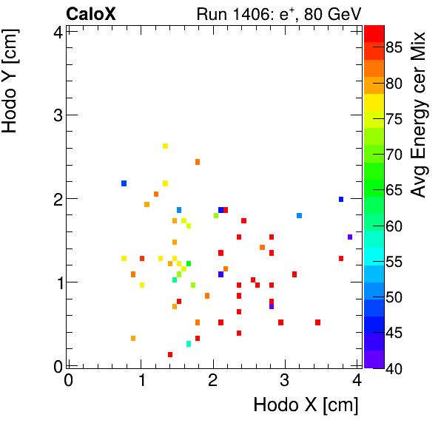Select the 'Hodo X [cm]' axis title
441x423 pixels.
click(x=306, y=405)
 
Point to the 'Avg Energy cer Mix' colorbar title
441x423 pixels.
click(x=420, y=115)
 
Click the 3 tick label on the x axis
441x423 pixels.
click(x=285, y=380)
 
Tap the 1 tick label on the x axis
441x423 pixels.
click(x=141, y=380)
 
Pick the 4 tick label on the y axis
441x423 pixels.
click(x=56, y=31)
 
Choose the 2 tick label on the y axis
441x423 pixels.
click(x=56, y=198)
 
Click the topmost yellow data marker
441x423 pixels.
click(x=165, y=146)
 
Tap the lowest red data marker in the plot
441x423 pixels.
click(x=170, y=354)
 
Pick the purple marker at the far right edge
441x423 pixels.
click(x=350, y=237)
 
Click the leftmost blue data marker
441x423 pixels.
click(x=124, y=183)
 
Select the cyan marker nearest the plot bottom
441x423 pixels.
click(x=189, y=344)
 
